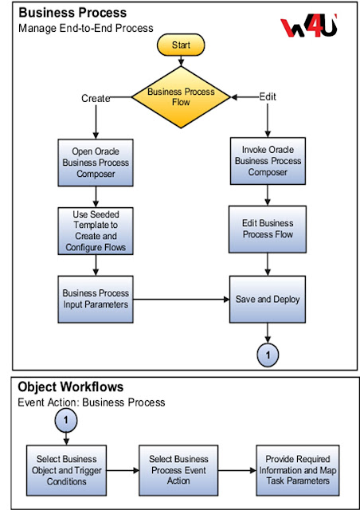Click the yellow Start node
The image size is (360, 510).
[182, 45]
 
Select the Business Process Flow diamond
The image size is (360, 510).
[182, 97]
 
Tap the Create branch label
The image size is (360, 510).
[96, 98]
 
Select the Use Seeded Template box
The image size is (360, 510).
[96, 231]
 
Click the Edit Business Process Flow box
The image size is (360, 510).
[268, 229]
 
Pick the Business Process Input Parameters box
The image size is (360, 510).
[96, 299]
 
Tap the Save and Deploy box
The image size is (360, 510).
[268, 299]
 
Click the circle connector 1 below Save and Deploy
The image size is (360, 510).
[268, 354]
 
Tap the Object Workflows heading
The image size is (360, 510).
[70, 387]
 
